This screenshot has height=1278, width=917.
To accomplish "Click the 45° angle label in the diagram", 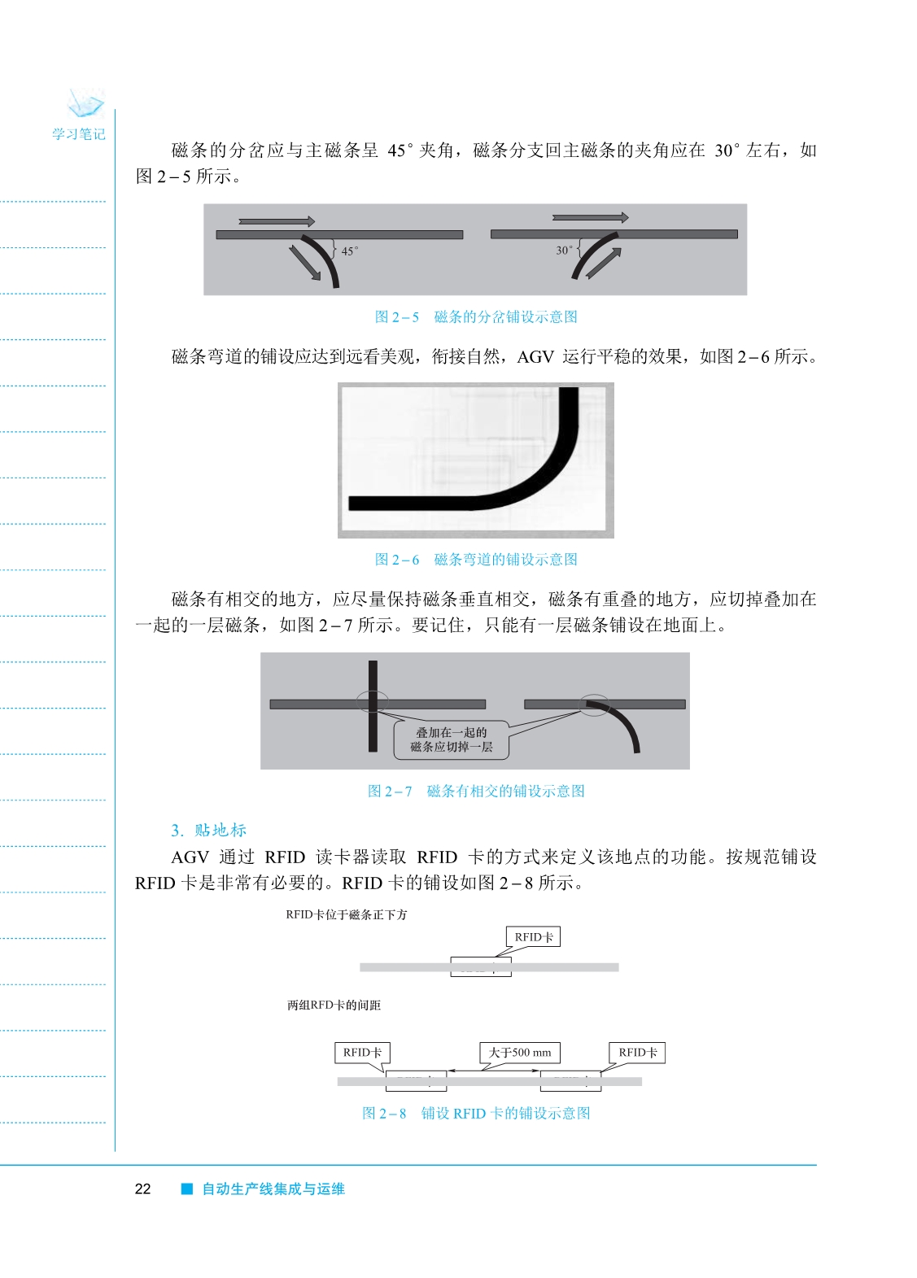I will click(349, 251).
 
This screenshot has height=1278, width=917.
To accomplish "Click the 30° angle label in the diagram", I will click(564, 251).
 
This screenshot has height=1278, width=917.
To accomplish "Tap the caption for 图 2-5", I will click(476, 317).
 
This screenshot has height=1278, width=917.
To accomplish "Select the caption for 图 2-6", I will click(476, 560).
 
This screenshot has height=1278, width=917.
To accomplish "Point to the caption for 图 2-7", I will click(476, 792).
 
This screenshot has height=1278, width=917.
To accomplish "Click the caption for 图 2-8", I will click(476, 1114).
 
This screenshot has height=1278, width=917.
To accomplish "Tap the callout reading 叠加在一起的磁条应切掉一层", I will click(452, 739).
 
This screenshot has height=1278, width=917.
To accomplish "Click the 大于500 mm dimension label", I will click(520, 1053).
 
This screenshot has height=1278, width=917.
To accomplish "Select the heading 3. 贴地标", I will click(208, 830).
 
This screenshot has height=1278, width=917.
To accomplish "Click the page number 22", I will click(142, 1189).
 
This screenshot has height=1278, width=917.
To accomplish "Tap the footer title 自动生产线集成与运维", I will click(273, 1189).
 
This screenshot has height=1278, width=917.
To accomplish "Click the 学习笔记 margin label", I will click(79, 134).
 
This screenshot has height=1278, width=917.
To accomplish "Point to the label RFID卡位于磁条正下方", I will click(347, 915).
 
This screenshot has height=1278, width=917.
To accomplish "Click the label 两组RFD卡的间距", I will click(334, 1005).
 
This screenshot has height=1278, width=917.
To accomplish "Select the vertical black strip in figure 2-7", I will click(373, 705).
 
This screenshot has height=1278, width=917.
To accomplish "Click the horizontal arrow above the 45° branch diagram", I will click(277, 221).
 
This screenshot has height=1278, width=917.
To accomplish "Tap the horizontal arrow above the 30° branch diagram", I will click(590, 218).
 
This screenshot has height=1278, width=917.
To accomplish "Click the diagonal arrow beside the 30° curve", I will click(604, 263).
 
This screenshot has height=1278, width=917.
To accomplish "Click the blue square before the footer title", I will click(187, 1189).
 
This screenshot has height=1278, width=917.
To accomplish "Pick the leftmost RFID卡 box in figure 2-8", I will click(362, 1053).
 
